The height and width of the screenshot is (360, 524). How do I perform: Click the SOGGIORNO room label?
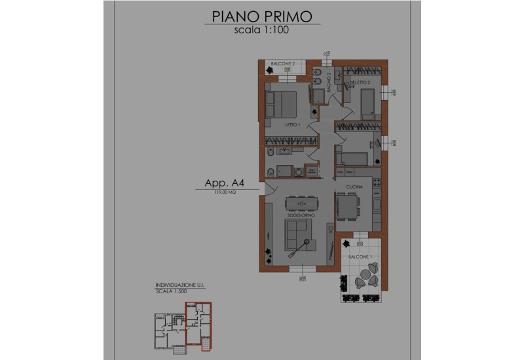[301, 215]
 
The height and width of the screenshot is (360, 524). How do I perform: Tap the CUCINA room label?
[346, 187]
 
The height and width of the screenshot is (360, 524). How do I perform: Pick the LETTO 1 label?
[292, 124]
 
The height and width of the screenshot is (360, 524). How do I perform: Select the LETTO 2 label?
[364, 83]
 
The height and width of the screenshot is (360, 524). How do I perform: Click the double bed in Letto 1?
[282, 101]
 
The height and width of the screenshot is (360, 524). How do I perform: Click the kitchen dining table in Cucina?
[348, 207]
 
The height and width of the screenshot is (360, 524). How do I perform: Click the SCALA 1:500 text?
[170, 293]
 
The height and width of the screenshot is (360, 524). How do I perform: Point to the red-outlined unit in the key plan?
[199, 323]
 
